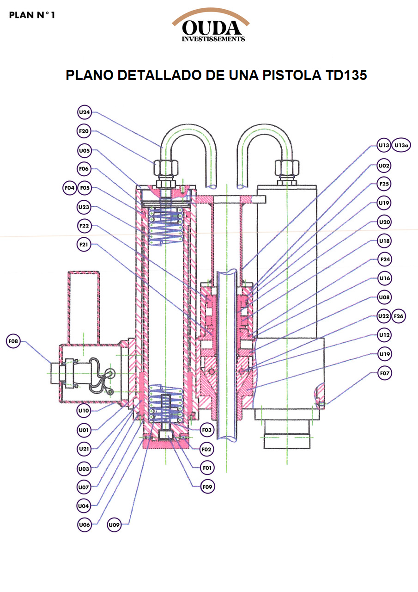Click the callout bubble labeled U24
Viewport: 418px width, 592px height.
click(84, 112)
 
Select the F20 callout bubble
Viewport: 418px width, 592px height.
click(84, 131)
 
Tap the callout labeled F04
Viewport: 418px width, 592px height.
click(70, 188)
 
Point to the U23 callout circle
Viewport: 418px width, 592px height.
click(84, 207)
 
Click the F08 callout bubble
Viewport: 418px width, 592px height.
click(14, 342)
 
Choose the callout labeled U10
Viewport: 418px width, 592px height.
click(84, 410)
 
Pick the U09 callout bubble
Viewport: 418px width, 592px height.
click(114, 525)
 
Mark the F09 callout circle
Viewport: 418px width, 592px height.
click(207, 487)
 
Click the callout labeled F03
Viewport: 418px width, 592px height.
click(207, 430)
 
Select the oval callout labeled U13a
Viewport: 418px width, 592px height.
click(402, 145)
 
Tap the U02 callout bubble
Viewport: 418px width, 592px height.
click(384, 165)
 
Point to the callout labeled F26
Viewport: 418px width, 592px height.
click(398, 316)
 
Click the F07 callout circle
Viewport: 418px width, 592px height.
click(384, 373)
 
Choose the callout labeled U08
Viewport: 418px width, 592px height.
click(384, 297)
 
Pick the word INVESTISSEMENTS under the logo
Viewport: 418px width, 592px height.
click(213, 39)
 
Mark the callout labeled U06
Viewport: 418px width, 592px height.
click(84, 525)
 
